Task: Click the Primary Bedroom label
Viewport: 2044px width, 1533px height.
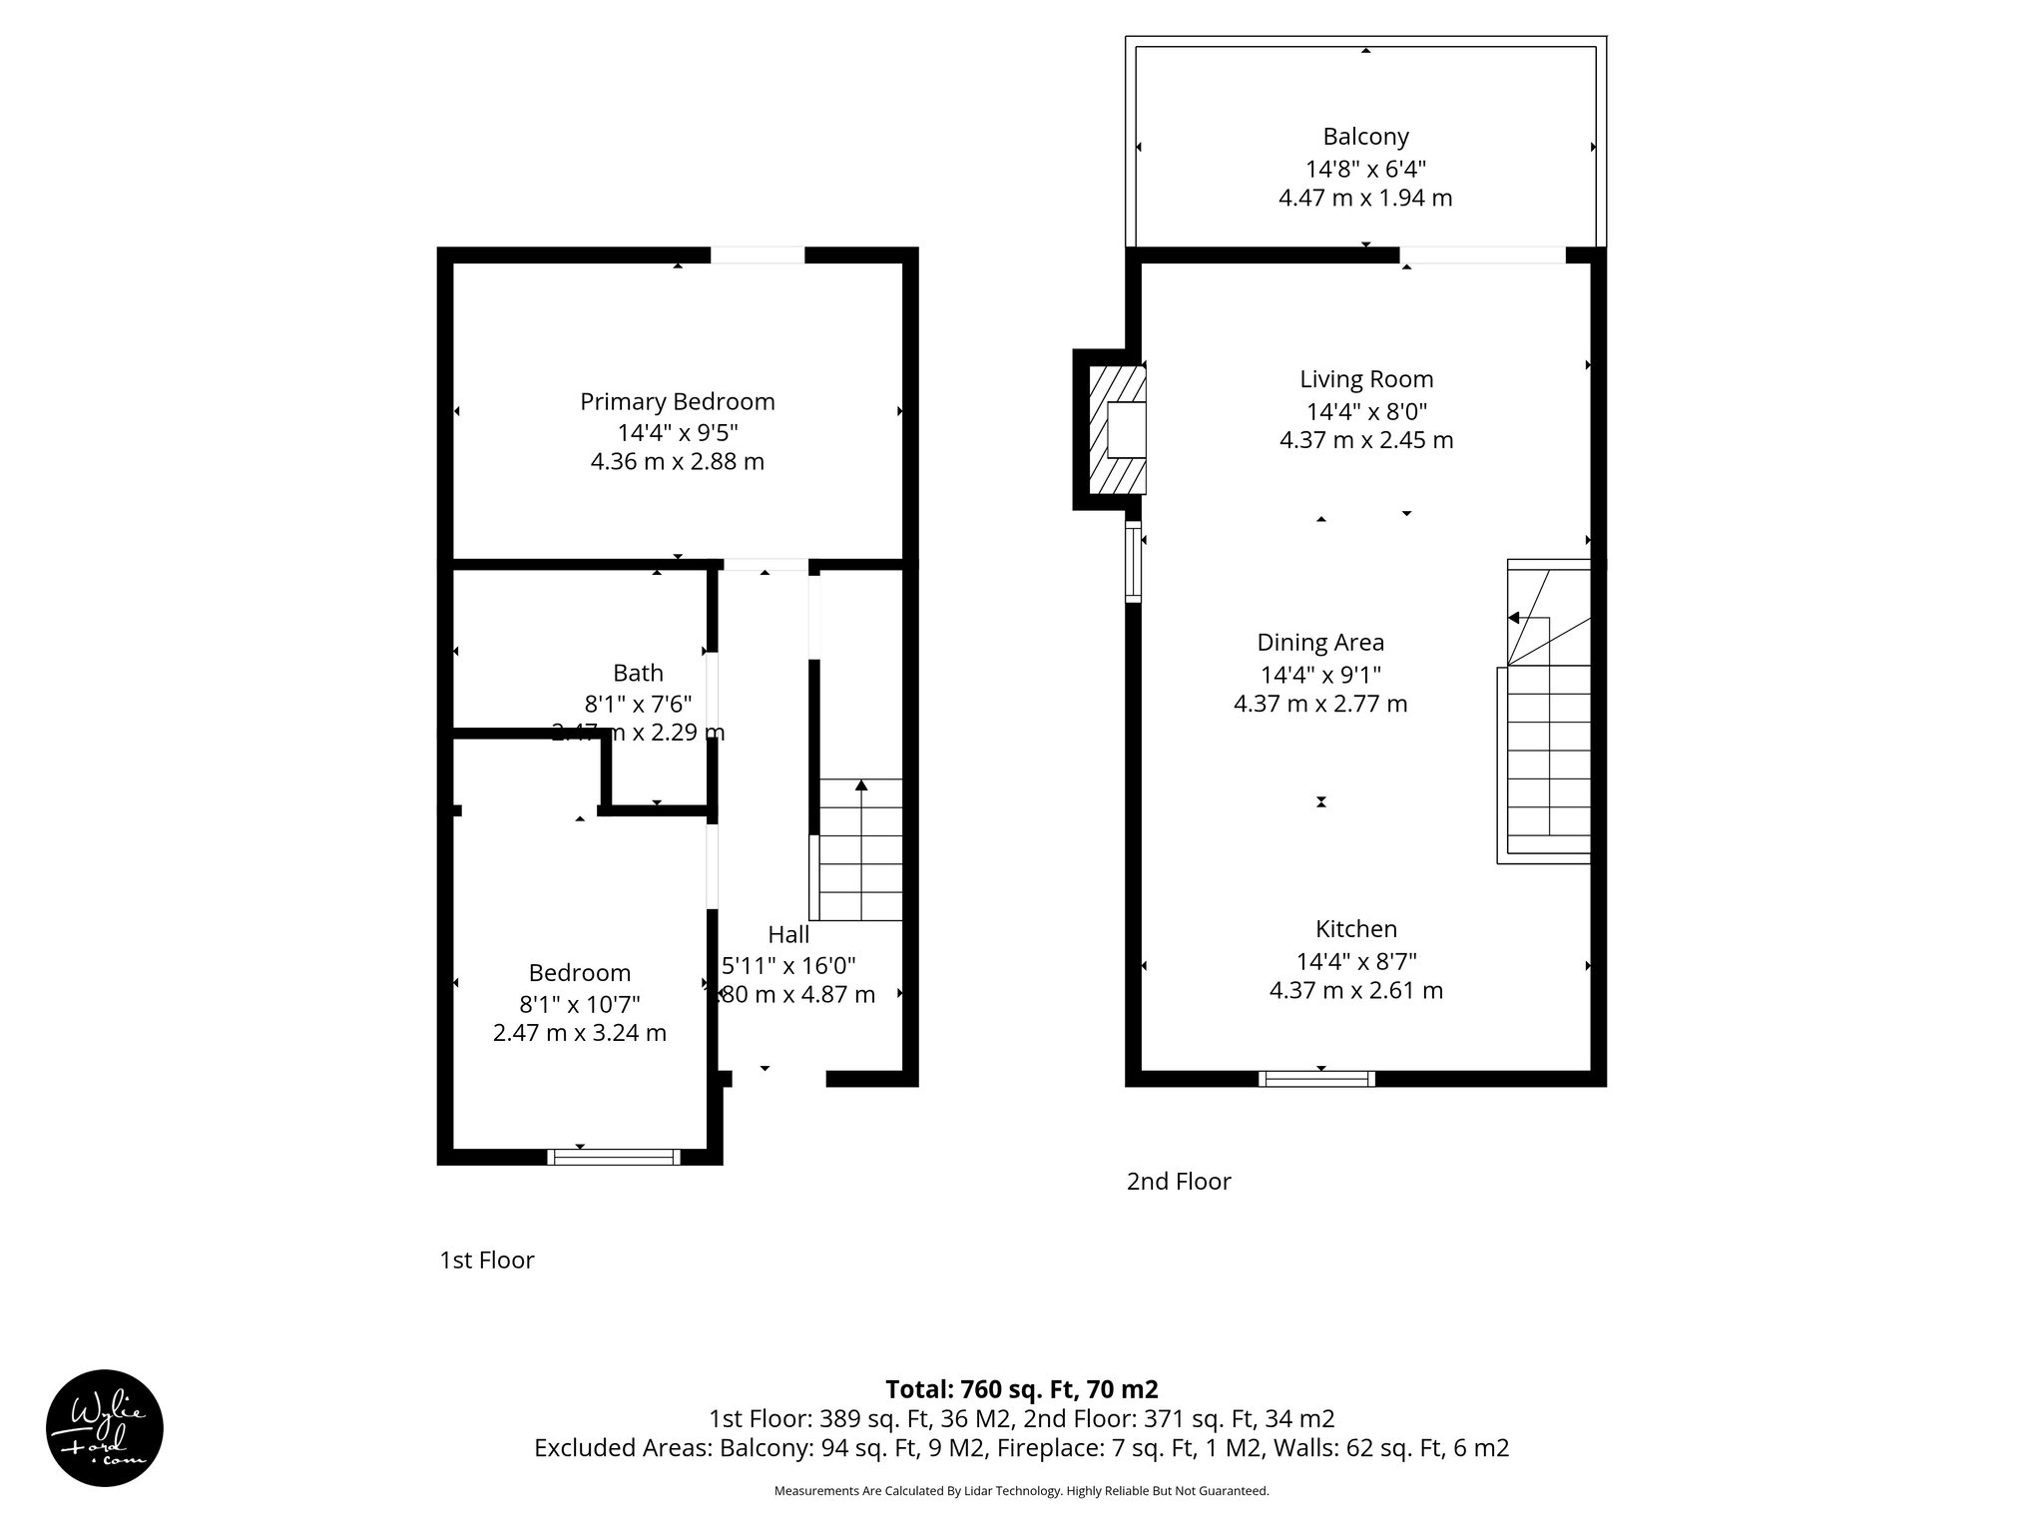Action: pos(677,401)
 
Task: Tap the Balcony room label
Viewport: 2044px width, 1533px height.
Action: pos(1365,137)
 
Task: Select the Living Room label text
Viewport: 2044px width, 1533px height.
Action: pos(1365,379)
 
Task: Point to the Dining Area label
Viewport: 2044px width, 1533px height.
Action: pos(1319,643)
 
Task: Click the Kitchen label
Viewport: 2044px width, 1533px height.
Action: pos(1355,929)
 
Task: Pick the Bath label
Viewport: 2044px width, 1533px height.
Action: pos(638,673)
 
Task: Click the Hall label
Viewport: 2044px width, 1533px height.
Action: pos(787,935)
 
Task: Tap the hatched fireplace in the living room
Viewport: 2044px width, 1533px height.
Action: pos(1116,430)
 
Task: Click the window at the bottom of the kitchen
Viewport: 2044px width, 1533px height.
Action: pos(1316,1078)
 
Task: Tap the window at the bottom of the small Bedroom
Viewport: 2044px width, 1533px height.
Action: pos(614,1157)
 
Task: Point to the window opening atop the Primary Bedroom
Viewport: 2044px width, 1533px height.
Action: pos(757,255)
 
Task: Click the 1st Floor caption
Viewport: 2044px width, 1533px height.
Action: pos(487,1261)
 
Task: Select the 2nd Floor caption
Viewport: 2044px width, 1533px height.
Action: pos(1179,1182)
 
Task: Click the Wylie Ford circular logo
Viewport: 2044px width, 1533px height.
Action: pos(104,1427)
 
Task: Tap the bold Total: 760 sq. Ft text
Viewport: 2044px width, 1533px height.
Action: pos(1021,1389)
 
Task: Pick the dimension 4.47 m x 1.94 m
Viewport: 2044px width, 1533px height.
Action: pos(1365,198)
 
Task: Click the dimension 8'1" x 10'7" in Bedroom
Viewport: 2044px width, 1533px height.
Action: pos(579,1003)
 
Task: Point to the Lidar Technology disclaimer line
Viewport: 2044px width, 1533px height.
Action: pos(1021,1491)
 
